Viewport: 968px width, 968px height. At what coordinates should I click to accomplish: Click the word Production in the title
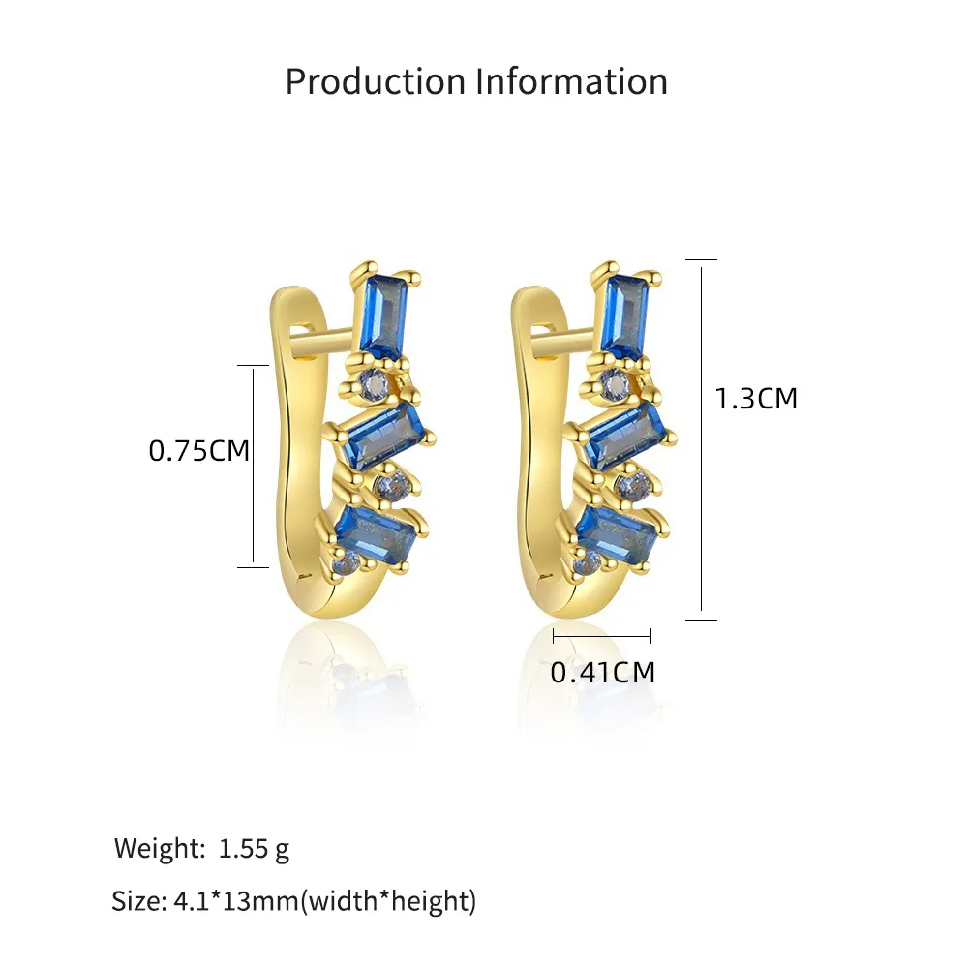tap(376, 81)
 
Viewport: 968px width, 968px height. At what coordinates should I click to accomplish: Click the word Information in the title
tap(572, 81)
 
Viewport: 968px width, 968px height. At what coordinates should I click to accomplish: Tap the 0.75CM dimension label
tap(198, 451)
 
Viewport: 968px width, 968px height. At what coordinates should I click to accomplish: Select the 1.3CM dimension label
tap(756, 398)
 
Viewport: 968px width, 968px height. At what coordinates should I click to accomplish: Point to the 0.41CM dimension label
tap(602, 672)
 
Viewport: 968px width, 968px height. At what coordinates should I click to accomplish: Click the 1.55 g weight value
tap(254, 849)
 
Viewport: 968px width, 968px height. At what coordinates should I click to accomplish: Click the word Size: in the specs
tap(138, 901)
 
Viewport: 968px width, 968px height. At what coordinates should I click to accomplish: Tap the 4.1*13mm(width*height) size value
tap(324, 901)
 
